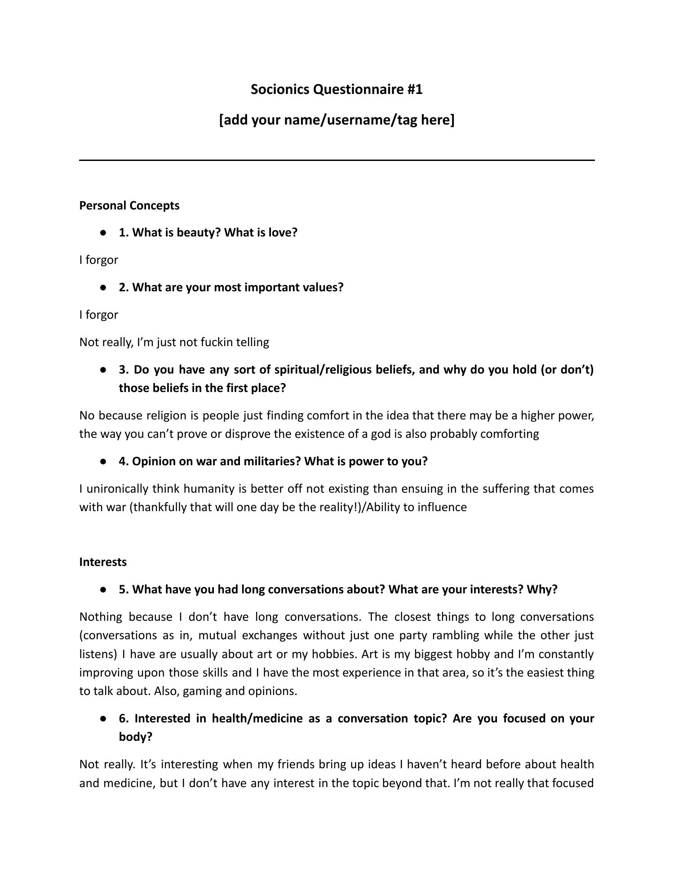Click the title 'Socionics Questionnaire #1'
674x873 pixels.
coord(337,89)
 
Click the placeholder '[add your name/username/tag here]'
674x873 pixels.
coord(337,120)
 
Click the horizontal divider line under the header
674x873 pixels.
coord(337,160)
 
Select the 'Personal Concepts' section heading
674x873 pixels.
coord(129,205)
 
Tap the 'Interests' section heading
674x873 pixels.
coord(103,562)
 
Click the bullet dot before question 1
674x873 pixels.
coord(104,233)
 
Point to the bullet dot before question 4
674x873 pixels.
coord(104,462)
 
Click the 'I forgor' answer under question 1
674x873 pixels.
coord(98,260)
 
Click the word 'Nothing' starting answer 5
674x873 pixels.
coord(101,617)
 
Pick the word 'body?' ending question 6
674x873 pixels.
coord(136,737)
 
